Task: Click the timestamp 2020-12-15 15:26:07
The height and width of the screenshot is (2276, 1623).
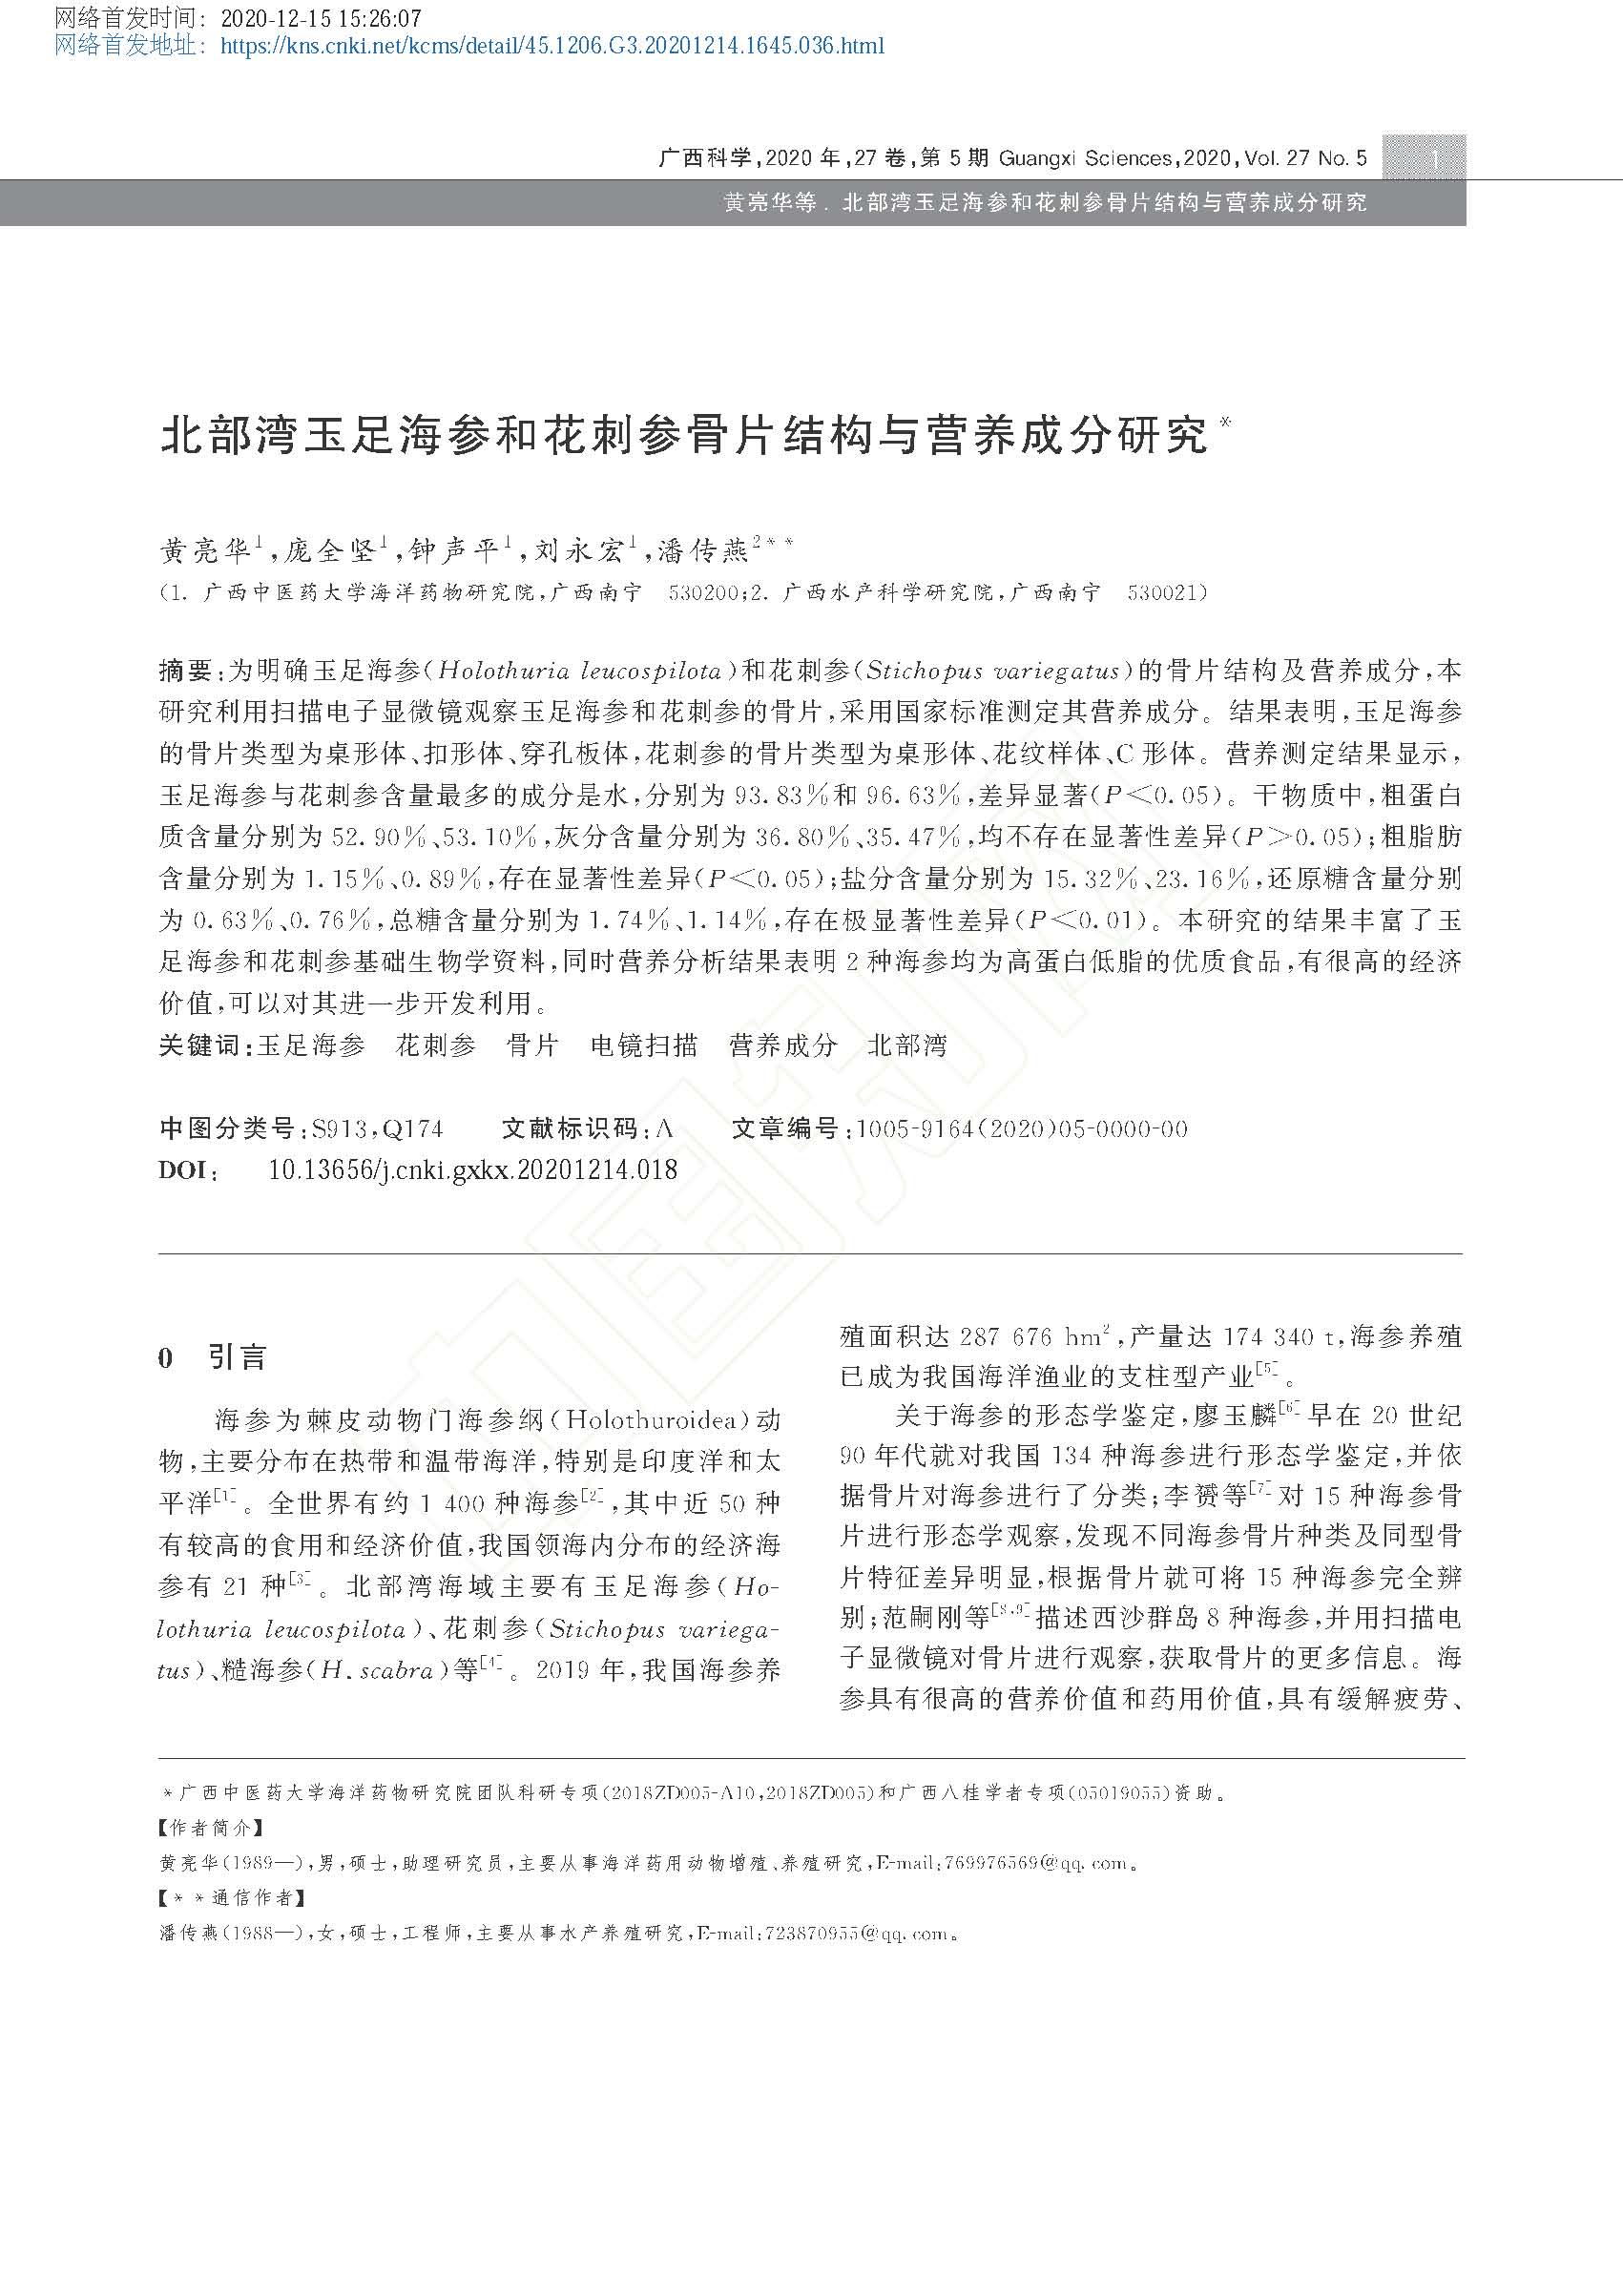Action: click(320, 19)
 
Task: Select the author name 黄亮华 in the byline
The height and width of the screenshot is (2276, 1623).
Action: click(205, 549)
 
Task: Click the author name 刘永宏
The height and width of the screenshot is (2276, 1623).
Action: click(578, 549)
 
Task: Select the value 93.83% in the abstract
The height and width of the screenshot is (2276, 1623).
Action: click(780, 796)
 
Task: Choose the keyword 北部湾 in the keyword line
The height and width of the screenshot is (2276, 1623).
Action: click(906, 1046)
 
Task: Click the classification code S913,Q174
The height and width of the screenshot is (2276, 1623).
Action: click(377, 1129)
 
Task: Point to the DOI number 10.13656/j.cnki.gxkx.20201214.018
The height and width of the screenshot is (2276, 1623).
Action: click(472, 1170)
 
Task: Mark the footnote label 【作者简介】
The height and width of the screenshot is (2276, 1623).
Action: click(211, 1828)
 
